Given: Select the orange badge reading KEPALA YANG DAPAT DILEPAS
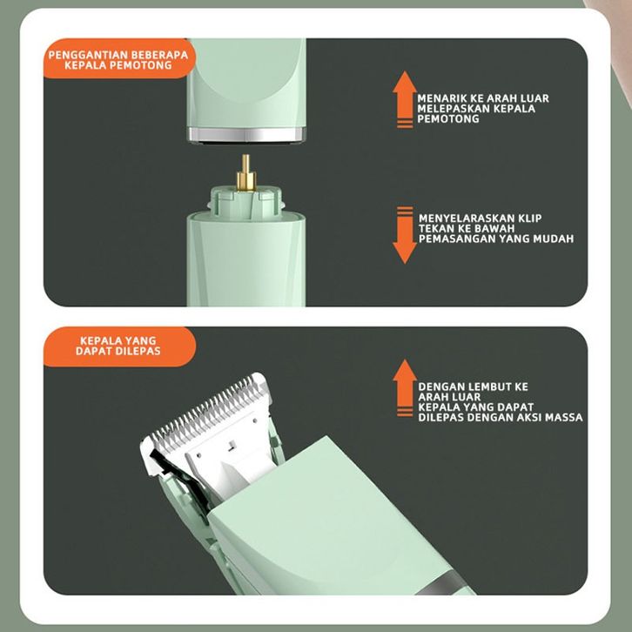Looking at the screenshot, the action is click(119, 346).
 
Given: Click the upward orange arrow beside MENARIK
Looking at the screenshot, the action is click(405, 99).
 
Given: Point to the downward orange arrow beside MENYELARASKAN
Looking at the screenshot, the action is click(405, 235).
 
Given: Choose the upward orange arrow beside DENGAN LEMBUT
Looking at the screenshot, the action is click(405, 387).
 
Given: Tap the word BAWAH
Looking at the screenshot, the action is click(495, 229).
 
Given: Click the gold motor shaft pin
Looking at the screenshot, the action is click(245, 172).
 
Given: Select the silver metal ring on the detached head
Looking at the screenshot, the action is click(246, 135).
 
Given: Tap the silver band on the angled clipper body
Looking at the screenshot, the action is click(440, 582).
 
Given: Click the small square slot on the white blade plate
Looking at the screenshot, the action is click(232, 446).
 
